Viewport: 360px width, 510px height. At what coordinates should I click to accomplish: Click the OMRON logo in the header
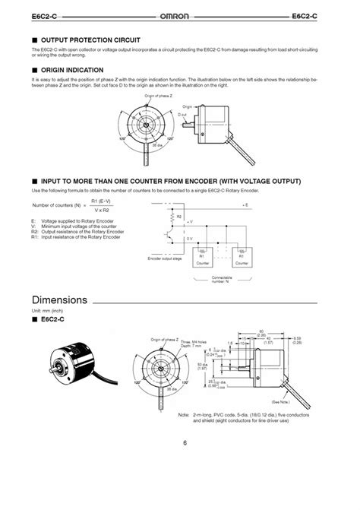click(x=179, y=16)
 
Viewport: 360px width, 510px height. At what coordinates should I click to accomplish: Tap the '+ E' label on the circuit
click(x=244, y=205)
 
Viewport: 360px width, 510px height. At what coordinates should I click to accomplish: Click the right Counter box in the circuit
click(x=242, y=256)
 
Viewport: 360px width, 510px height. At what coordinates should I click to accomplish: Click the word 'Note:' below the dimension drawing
click(x=183, y=415)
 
